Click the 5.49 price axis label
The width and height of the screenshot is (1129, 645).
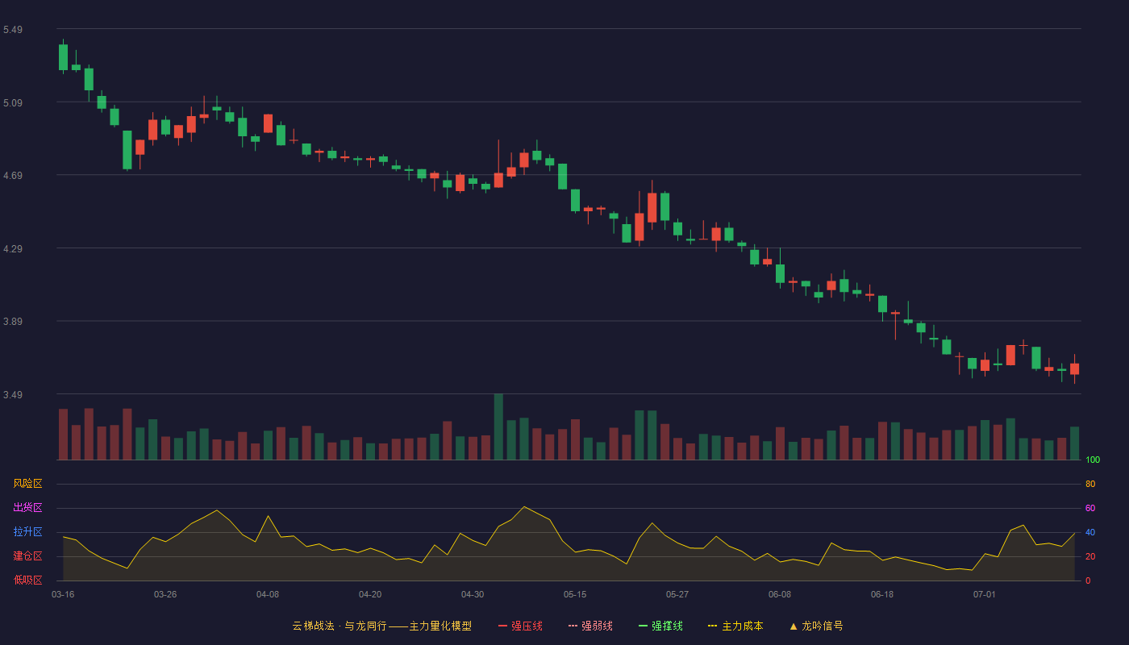(x=13, y=30)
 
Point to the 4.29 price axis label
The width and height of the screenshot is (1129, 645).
(x=13, y=249)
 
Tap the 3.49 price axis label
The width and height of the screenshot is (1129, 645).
(x=13, y=394)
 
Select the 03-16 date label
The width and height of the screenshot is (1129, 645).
(x=63, y=595)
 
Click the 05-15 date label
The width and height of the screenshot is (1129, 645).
(x=575, y=595)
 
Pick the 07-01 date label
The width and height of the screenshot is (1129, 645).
(x=985, y=595)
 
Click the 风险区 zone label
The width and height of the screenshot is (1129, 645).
(x=27, y=484)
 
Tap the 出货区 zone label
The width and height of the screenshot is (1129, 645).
(x=27, y=507)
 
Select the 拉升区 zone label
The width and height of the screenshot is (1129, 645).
(x=27, y=531)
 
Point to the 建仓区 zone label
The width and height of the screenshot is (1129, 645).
(x=27, y=556)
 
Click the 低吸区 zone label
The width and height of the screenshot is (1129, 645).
(x=27, y=580)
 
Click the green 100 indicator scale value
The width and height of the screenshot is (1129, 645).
(x=1093, y=460)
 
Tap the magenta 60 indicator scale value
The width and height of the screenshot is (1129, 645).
(x=1090, y=508)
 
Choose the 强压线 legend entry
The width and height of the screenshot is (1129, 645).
(x=521, y=626)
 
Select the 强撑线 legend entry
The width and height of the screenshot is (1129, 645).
(x=660, y=626)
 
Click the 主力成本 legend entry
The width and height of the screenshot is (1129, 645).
(x=735, y=626)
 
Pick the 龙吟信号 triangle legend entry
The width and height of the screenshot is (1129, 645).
(x=816, y=626)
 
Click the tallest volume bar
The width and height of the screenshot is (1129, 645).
(x=498, y=427)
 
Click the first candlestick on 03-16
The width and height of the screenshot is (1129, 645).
(x=63, y=57)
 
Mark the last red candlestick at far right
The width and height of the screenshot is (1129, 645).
(x=1074, y=369)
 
